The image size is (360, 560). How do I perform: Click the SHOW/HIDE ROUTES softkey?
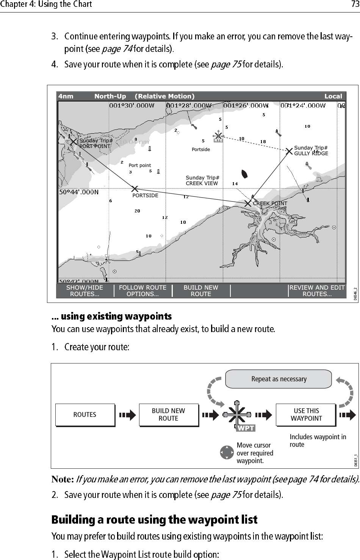click(x=85, y=291)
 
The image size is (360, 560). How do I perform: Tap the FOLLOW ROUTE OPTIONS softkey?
click(x=142, y=291)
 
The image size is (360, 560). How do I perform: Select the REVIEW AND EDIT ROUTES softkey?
click(x=317, y=291)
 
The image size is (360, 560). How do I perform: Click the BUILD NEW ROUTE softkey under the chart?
click(x=201, y=291)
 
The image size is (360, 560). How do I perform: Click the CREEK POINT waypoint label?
click(x=270, y=203)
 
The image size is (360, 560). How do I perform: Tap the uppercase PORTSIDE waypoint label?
click(x=145, y=196)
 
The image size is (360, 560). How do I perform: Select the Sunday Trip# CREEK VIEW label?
click(x=202, y=181)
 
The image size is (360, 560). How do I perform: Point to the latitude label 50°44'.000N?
click(x=79, y=192)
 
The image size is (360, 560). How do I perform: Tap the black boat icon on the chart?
click(x=244, y=174)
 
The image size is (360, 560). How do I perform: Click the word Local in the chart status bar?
click(x=333, y=96)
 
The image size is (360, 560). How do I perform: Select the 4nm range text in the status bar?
click(x=66, y=96)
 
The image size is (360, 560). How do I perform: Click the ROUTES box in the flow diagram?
click(x=85, y=415)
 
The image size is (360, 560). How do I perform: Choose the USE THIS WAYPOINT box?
click(x=306, y=415)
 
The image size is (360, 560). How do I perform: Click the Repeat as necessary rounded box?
click(x=279, y=379)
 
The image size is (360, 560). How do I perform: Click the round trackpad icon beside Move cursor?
click(x=226, y=452)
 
